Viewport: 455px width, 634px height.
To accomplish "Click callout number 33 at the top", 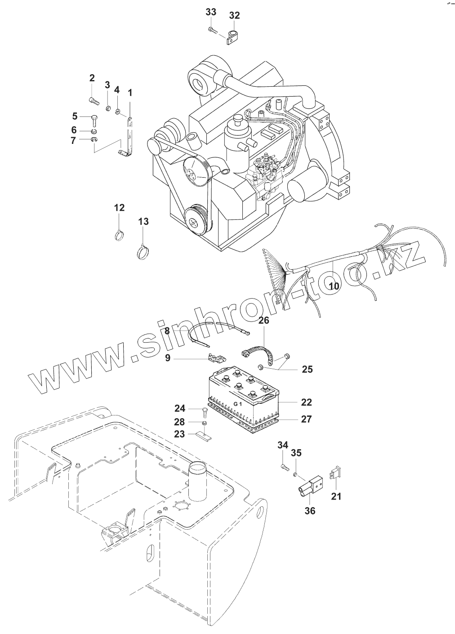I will click(x=211, y=12).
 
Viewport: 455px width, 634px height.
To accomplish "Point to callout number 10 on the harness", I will click(x=334, y=285).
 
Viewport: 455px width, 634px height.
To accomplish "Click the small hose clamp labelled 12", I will click(x=119, y=235).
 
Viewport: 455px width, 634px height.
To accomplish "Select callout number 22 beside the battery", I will click(x=307, y=402).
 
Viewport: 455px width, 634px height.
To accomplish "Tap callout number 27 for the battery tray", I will click(x=307, y=419).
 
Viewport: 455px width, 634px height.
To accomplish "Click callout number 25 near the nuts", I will click(x=308, y=370).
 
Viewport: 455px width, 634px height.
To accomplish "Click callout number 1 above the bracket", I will click(x=130, y=93).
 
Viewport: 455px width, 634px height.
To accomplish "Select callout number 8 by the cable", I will click(x=167, y=331).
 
